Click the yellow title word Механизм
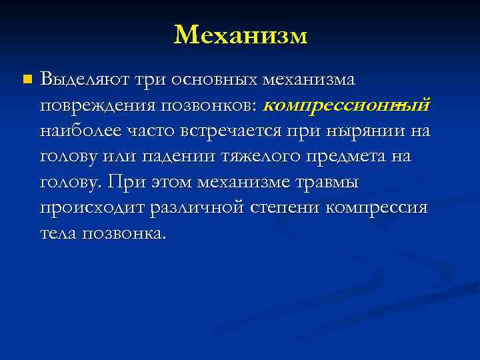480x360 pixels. click(240, 35)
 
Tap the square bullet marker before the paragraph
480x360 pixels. click(26, 80)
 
